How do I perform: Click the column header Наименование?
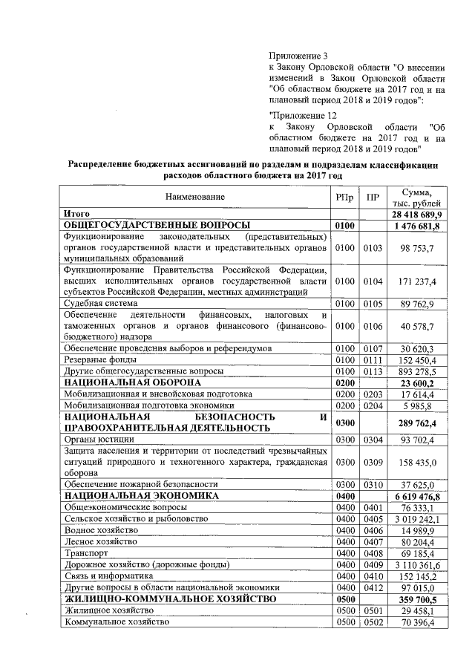[195, 197]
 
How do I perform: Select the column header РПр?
[344, 197]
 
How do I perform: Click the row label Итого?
[77, 214]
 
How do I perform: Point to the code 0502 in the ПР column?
[373, 622]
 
